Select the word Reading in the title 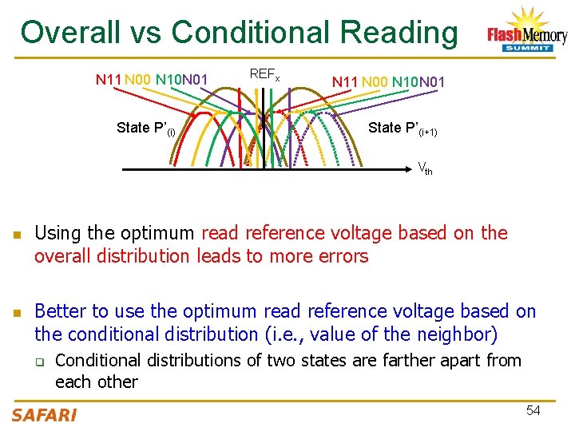coord(399,33)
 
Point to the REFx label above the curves coord(264,74)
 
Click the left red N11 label coord(109,79)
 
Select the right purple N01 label coord(431,81)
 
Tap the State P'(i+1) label coord(402,129)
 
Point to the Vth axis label coord(425,168)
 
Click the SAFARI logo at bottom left coord(44,414)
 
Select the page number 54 coord(533,410)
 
